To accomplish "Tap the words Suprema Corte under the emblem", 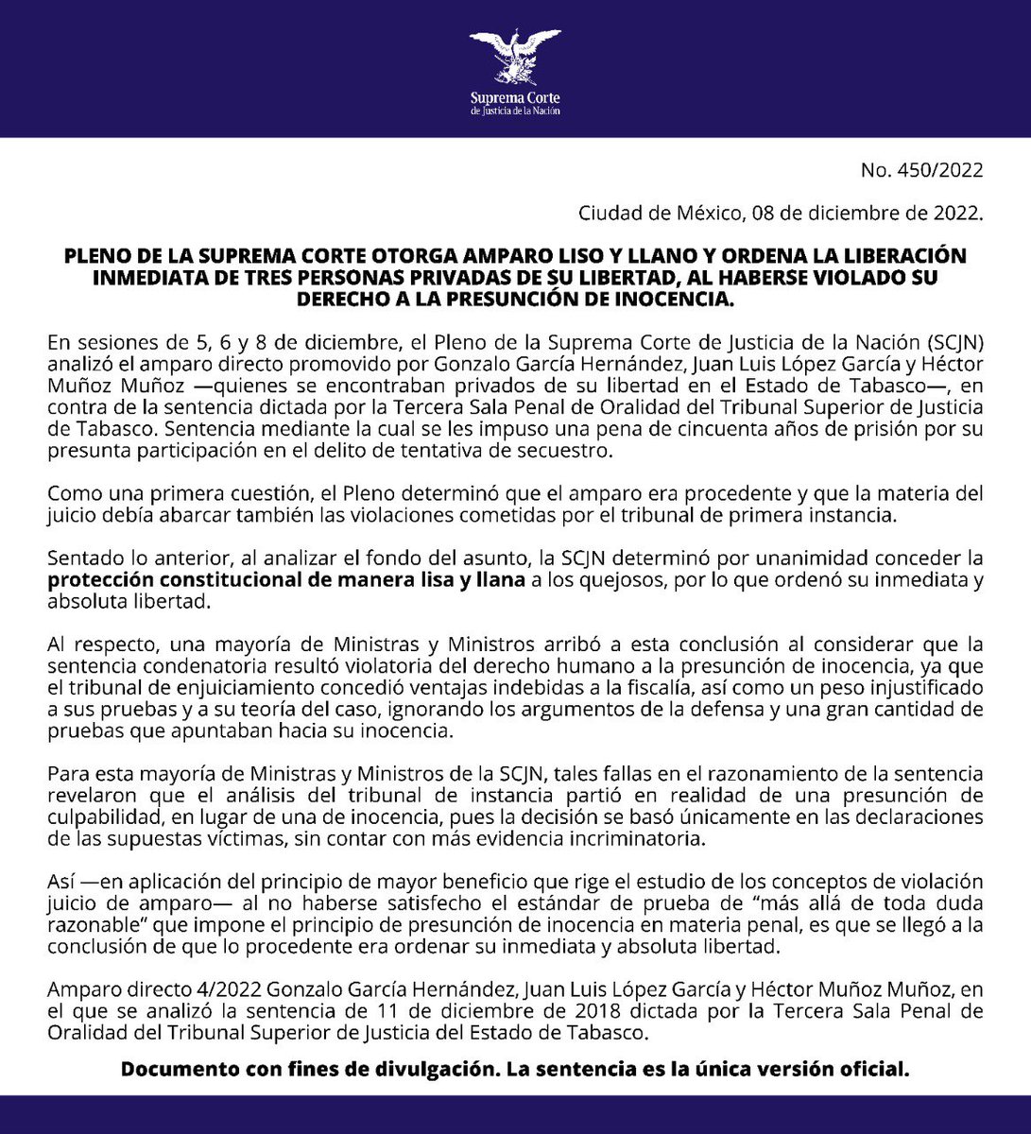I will (x=515, y=97).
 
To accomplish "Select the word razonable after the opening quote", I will (x=86, y=924).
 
